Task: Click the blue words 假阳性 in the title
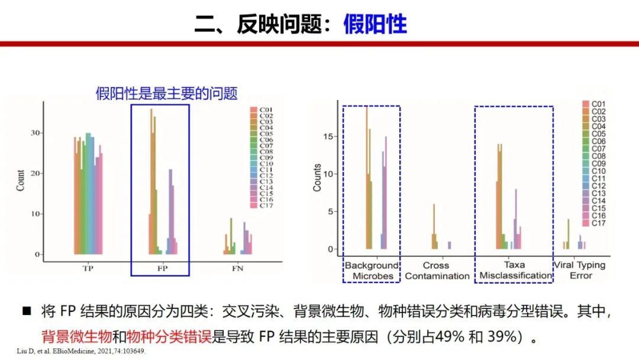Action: [375, 25]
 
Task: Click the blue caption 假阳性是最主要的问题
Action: [166, 94]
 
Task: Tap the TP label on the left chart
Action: [88, 268]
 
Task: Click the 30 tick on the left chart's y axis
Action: [37, 133]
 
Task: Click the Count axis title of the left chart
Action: [21, 180]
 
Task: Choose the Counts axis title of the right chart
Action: [318, 177]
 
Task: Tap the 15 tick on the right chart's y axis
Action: [331, 136]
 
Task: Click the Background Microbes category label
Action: [372, 271]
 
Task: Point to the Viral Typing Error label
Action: [579, 271]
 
